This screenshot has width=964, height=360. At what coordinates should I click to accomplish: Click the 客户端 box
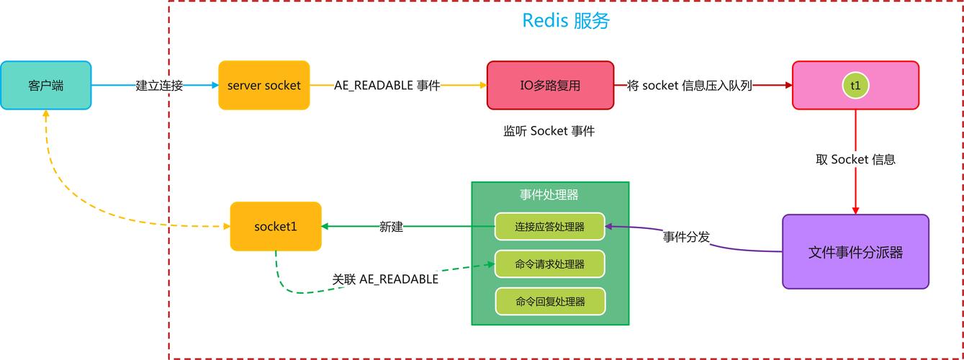pyautogui.click(x=46, y=86)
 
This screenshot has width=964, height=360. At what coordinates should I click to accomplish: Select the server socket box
pyautogui.click(x=264, y=86)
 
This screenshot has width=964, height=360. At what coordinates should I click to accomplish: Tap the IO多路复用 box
pyautogui.click(x=550, y=86)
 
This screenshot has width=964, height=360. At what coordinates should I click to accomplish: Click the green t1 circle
pyautogui.click(x=855, y=86)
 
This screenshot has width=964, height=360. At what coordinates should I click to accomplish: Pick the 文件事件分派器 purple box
pyautogui.click(x=855, y=252)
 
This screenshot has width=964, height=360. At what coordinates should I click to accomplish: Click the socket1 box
pyautogui.click(x=276, y=226)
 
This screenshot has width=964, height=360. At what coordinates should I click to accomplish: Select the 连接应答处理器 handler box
pyautogui.click(x=550, y=226)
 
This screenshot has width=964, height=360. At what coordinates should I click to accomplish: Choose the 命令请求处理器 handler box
pyautogui.click(x=550, y=264)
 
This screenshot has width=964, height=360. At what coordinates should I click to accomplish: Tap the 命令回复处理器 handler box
pyautogui.click(x=550, y=301)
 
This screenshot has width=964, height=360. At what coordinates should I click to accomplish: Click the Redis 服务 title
pyautogui.click(x=566, y=21)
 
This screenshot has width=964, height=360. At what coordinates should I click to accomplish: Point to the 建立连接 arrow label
pyautogui.click(x=159, y=86)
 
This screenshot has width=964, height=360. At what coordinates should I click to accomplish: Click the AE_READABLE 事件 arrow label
pyautogui.click(x=387, y=86)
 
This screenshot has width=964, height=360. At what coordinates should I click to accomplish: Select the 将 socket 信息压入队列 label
pyautogui.click(x=689, y=86)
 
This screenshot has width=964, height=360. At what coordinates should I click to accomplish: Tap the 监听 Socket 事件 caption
pyautogui.click(x=549, y=131)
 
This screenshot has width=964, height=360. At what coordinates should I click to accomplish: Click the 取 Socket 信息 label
pyautogui.click(x=855, y=159)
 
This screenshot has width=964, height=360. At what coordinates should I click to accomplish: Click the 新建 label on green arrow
pyautogui.click(x=391, y=226)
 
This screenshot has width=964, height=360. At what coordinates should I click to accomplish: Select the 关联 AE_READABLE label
pyautogui.click(x=385, y=279)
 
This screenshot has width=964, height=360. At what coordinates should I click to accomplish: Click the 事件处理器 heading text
pyautogui.click(x=549, y=194)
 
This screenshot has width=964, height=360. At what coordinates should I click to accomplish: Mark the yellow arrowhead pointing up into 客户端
pyautogui.click(x=46, y=114)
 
